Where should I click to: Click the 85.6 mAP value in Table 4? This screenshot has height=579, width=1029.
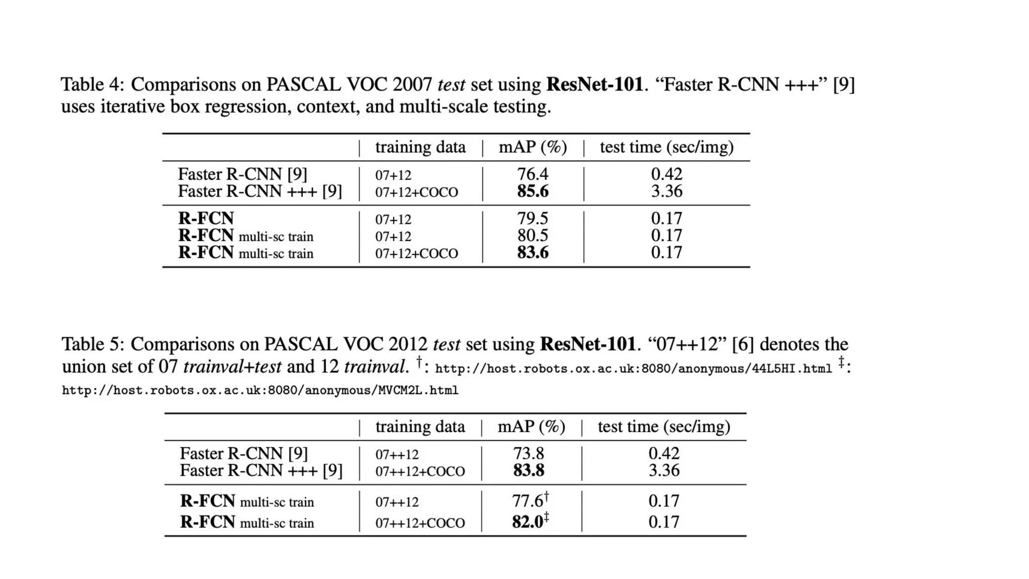pyautogui.click(x=533, y=191)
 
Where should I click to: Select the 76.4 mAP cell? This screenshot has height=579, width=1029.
pyautogui.click(x=533, y=174)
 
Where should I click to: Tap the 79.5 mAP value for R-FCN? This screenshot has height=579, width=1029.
pyautogui.click(x=533, y=219)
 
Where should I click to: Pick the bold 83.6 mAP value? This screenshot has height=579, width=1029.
pyautogui.click(x=533, y=252)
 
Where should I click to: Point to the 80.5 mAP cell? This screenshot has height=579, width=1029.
pyautogui.click(x=533, y=236)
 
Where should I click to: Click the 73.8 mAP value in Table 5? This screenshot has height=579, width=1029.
pyautogui.click(x=528, y=454)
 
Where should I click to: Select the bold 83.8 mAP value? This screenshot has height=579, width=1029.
pyautogui.click(x=528, y=471)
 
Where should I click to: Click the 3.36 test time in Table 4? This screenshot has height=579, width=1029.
pyautogui.click(x=666, y=191)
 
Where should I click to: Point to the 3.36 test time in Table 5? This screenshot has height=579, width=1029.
pyautogui.click(x=664, y=471)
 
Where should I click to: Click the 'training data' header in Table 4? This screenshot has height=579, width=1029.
pyautogui.click(x=420, y=147)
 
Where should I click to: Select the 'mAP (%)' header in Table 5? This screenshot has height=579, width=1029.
pyautogui.click(x=531, y=427)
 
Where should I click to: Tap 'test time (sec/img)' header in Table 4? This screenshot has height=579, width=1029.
pyautogui.click(x=666, y=147)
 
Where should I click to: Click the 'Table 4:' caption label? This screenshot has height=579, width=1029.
pyautogui.click(x=92, y=84)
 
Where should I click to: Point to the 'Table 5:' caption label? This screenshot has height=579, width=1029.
pyautogui.click(x=92, y=344)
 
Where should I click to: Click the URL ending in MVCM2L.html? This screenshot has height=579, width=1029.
pyautogui.click(x=260, y=391)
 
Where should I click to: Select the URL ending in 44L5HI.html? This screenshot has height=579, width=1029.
pyautogui.click(x=633, y=369)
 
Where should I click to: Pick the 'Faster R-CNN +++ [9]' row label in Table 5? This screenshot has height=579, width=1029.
pyautogui.click(x=261, y=471)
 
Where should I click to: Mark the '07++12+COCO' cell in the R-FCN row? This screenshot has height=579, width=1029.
pyautogui.click(x=420, y=523)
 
